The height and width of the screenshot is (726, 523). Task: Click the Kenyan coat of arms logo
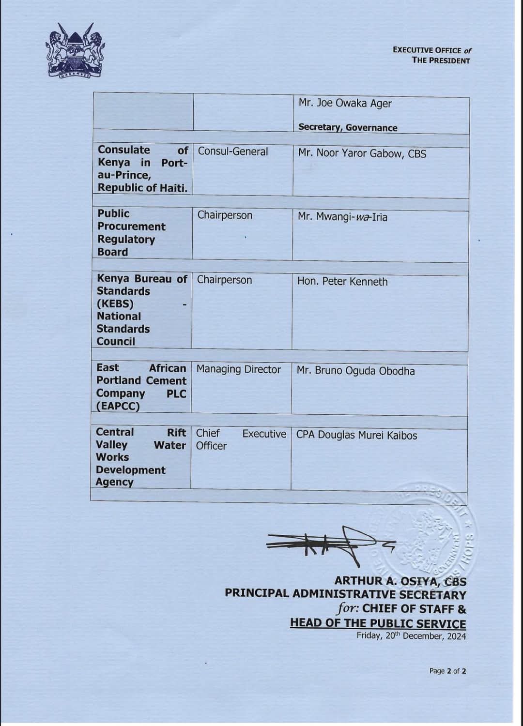[75, 51]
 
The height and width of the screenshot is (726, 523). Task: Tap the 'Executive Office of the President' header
[431, 55]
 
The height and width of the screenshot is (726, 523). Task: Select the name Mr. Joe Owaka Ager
[345, 104]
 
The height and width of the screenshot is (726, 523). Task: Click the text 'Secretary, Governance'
[348, 128]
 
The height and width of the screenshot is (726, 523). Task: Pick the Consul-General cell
[233, 151]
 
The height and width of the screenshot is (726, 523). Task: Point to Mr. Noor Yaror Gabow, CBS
[362, 153]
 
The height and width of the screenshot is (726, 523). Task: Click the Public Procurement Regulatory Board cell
[131, 233]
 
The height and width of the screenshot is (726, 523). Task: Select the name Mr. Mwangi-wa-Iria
[342, 217]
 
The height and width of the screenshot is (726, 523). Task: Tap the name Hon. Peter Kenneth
[342, 282]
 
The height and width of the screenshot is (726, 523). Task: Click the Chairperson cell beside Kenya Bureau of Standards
[224, 280]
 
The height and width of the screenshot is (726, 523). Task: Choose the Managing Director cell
[238, 370]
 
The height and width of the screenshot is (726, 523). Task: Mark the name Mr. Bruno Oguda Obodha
[355, 371]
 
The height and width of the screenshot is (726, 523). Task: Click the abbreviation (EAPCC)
[118, 407]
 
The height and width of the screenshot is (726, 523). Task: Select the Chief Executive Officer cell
[241, 439]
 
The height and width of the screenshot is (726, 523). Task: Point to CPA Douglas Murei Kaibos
[356, 436]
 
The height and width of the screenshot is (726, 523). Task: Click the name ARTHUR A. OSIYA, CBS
[400, 581]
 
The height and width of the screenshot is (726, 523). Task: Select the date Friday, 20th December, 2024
[411, 636]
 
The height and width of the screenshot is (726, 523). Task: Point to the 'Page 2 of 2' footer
[447, 671]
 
